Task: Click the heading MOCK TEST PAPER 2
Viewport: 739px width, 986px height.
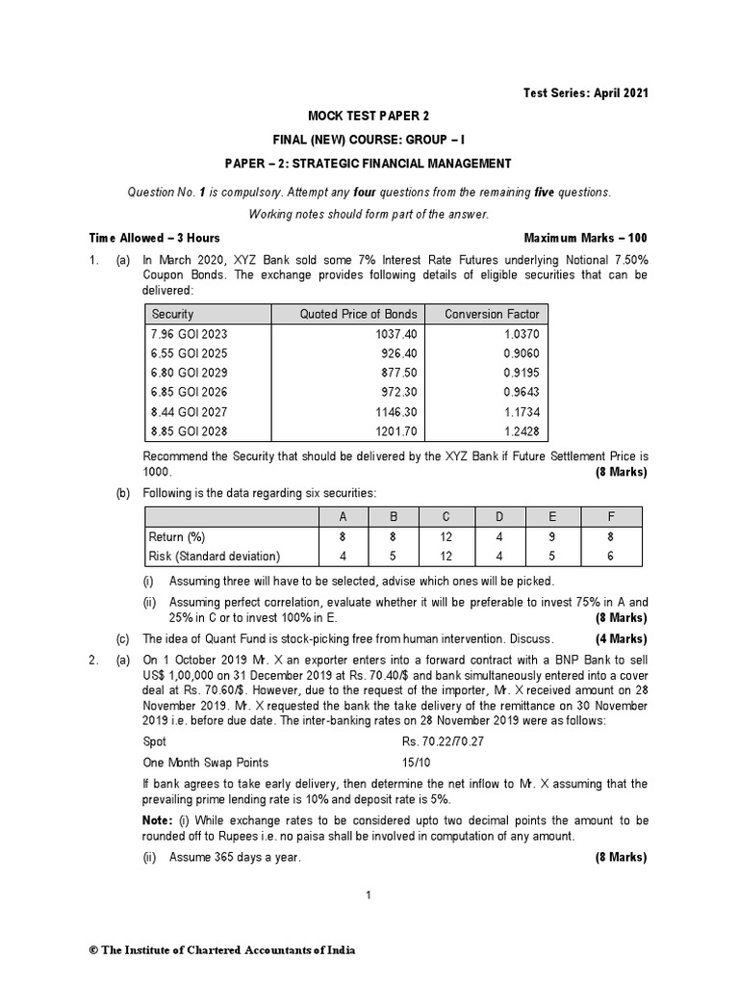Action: tap(369, 117)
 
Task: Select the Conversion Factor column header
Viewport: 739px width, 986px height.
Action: tap(492, 314)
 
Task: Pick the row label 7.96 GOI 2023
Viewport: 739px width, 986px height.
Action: tap(191, 333)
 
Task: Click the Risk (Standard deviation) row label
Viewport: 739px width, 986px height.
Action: tap(214, 556)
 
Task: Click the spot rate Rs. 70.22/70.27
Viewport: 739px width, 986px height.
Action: tap(444, 741)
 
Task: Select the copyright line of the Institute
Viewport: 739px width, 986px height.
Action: tap(222, 949)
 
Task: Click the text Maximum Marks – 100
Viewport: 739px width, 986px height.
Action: tap(585, 238)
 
